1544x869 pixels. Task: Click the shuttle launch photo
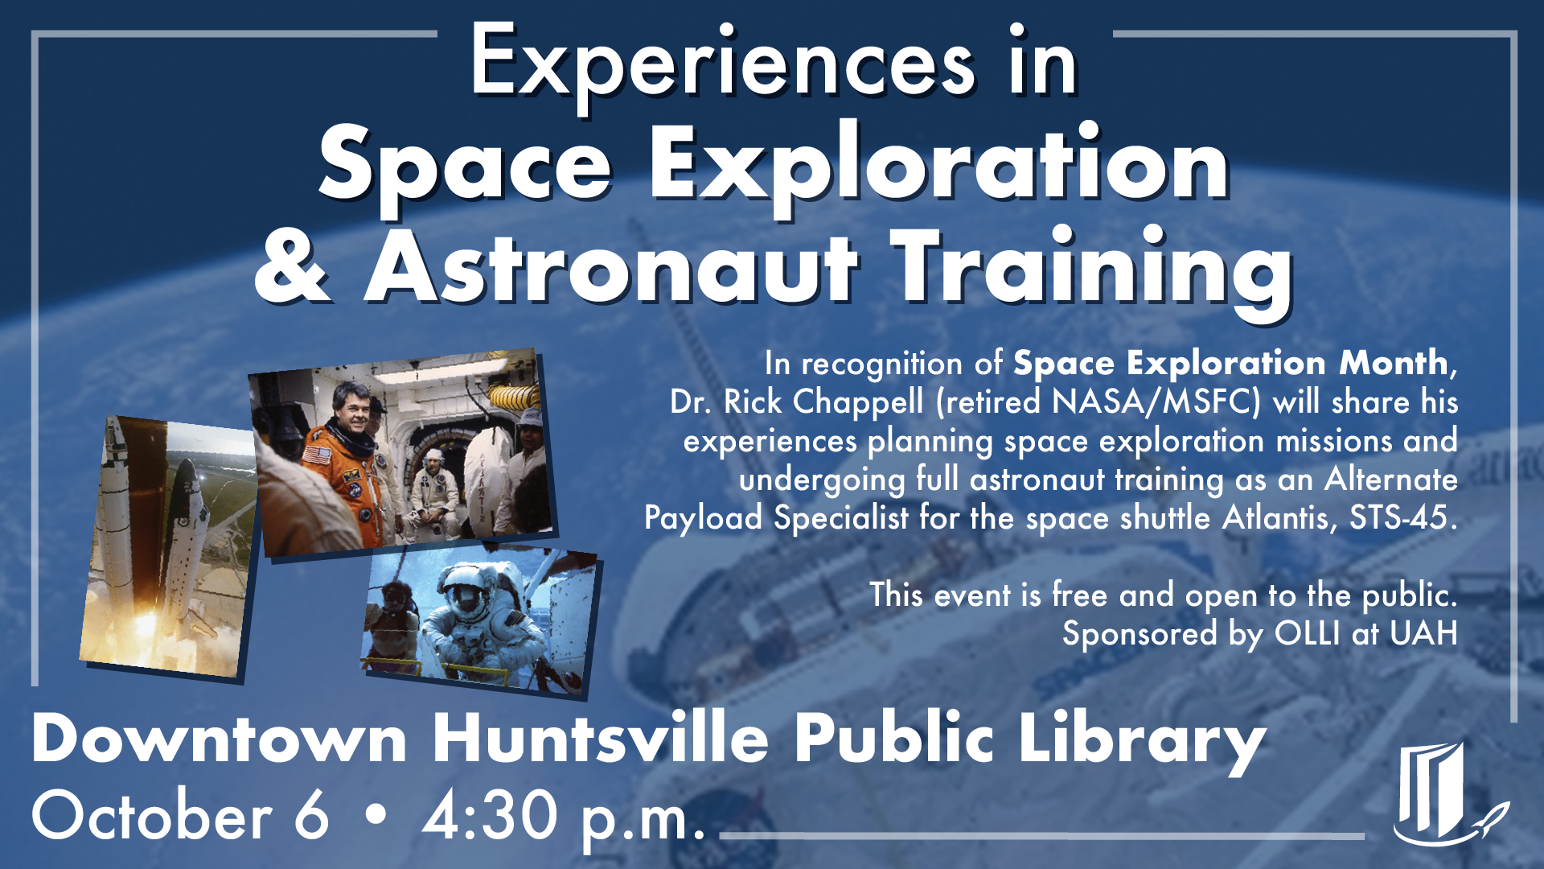point(169,547)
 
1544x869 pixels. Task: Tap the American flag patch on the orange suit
point(317,455)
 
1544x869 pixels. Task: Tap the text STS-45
point(1402,517)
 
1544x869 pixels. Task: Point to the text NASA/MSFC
point(1156,402)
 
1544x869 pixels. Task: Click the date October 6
point(180,815)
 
